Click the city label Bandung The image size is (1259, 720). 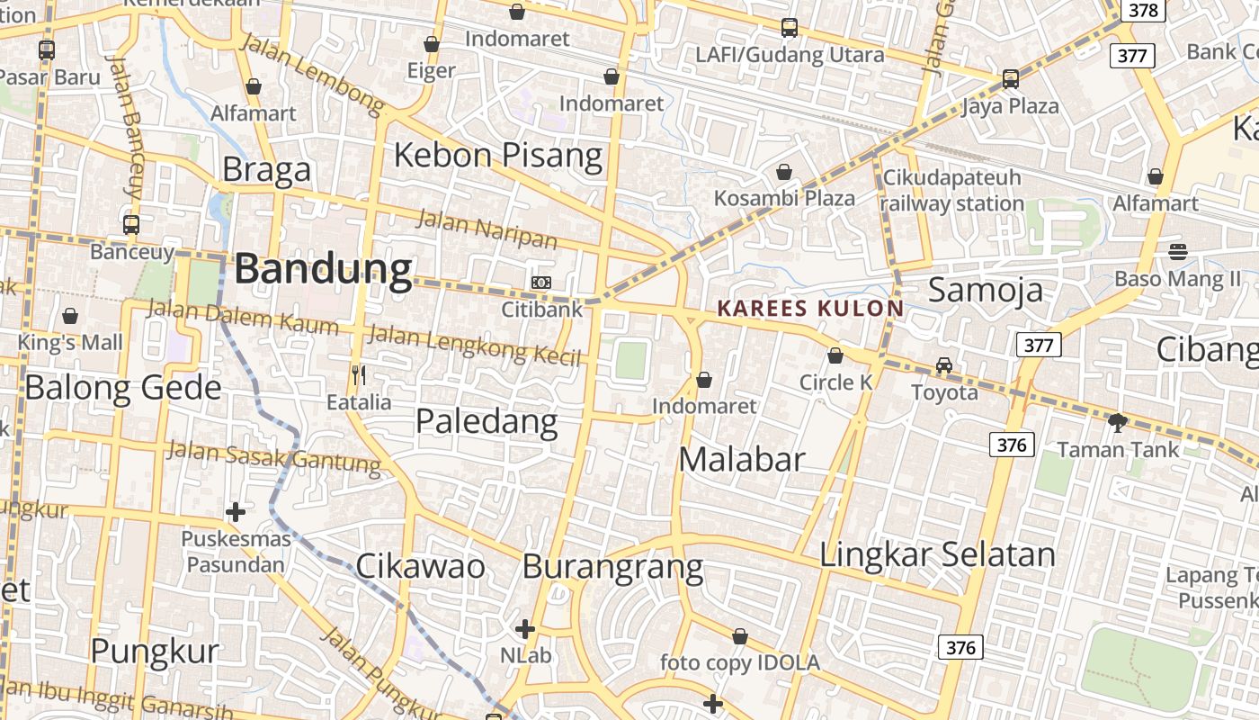click(x=324, y=269)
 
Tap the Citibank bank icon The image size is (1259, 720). click(x=540, y=283)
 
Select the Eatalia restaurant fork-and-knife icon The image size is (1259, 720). click(x=359, y=374)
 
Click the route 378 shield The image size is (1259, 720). click(x=1142, y=11)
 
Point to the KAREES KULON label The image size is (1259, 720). click(x=810, y=309)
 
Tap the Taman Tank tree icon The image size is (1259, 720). click(x=1117, y=421)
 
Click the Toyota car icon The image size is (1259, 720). click(x=943, y=365)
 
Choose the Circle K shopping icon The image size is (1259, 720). click(x=835, y=355)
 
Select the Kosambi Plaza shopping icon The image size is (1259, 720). click(x=784, y=171)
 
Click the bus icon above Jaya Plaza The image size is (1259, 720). click(x=1010, y=79)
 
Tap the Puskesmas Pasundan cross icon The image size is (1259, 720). click(x=236, y=512)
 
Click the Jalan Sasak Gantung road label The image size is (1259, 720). click(x=274, y=456)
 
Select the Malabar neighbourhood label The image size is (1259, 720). click(x=741, y=459)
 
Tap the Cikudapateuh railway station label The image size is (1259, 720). click(x=952, y=190)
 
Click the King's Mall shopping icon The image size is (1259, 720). click(x=70, y=316)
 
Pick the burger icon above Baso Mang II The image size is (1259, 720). click(x=1178, y=252)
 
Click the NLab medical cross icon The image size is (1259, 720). click(x=525, y=628)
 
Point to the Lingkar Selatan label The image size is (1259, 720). click(x=937, y=554)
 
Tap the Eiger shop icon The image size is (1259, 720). click(x=432, y=44)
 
